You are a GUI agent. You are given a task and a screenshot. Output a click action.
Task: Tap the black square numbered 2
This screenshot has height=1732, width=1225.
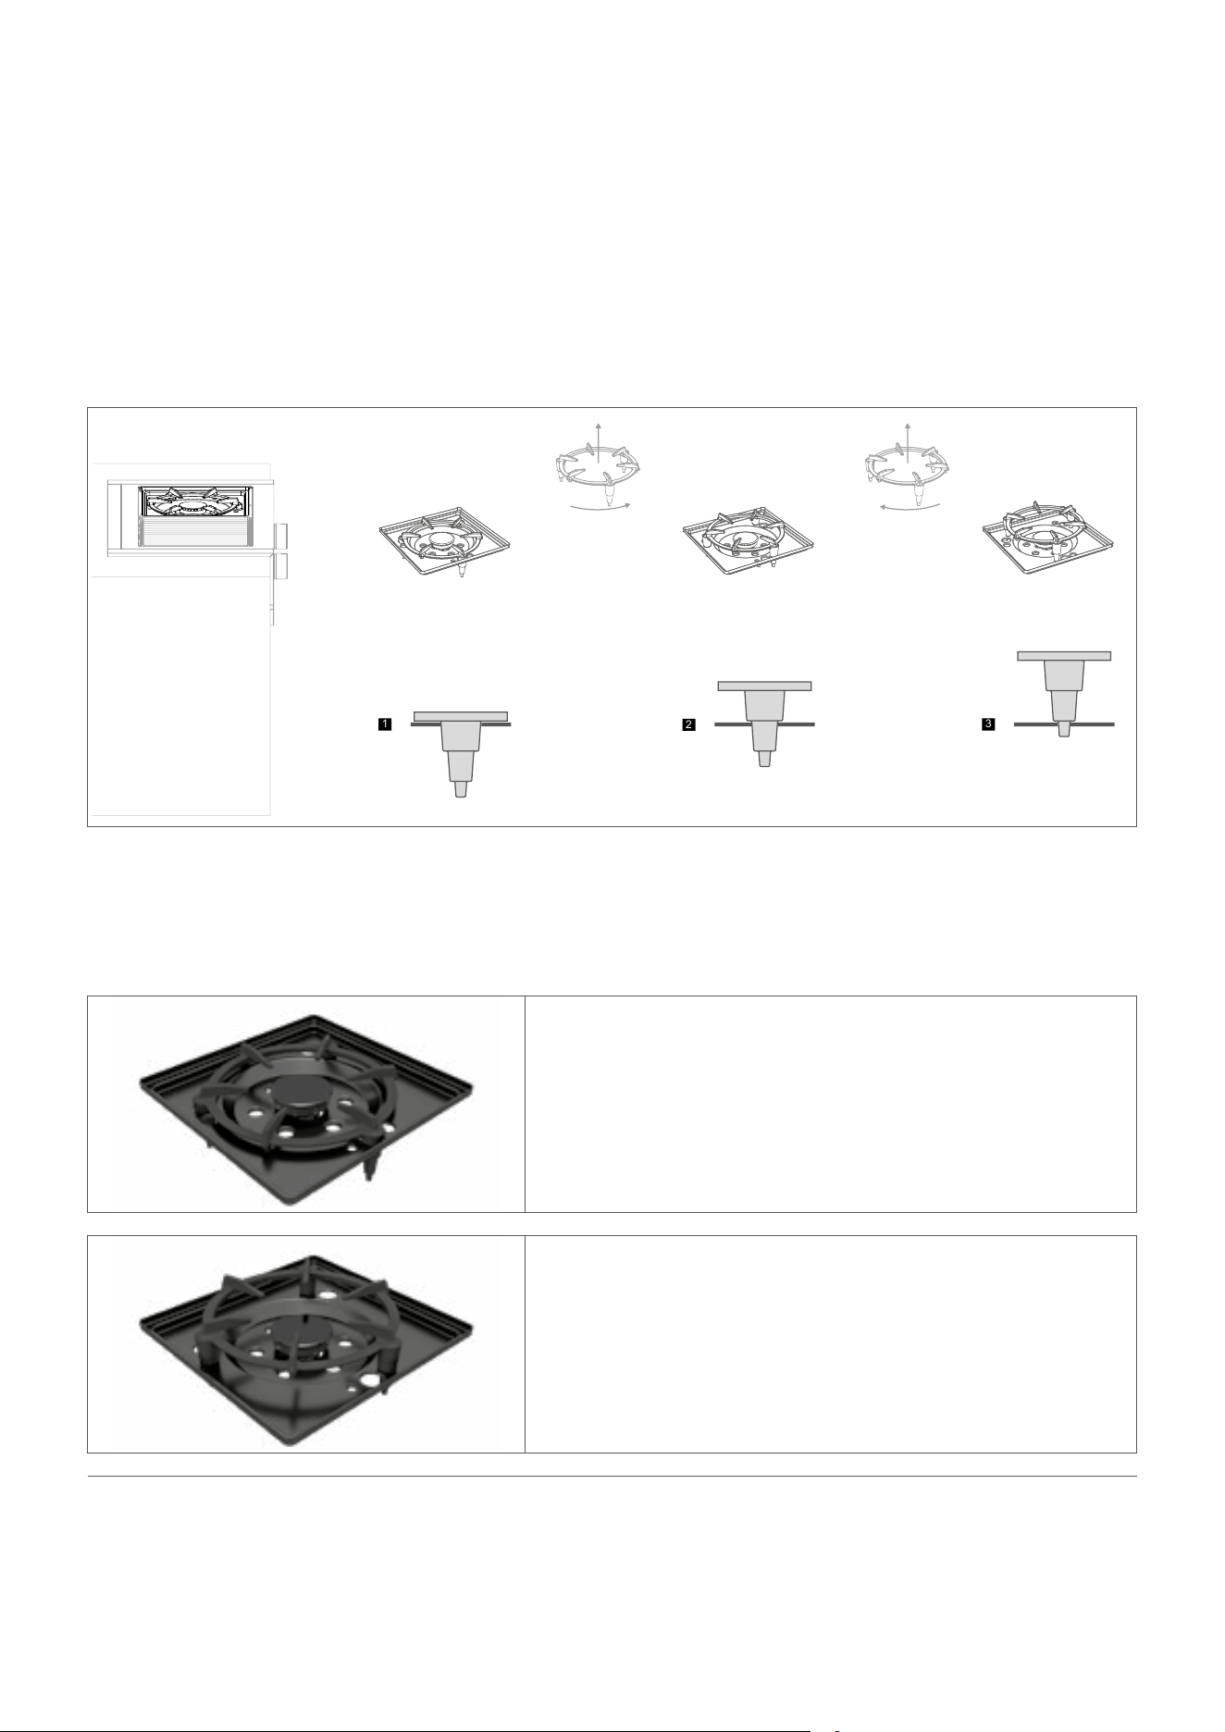pos(688,725)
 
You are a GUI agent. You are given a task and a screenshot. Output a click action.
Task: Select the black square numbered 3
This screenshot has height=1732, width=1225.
pos(989,725)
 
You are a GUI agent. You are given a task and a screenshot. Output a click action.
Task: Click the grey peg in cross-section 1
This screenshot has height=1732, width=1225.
pos(462,753)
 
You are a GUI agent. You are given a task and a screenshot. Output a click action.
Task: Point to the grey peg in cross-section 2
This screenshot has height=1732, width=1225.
pos(764,724)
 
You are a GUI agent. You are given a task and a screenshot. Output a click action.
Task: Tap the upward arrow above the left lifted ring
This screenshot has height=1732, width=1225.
pos(599,435)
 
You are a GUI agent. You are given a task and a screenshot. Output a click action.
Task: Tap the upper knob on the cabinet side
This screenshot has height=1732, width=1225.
pos(282,536)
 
